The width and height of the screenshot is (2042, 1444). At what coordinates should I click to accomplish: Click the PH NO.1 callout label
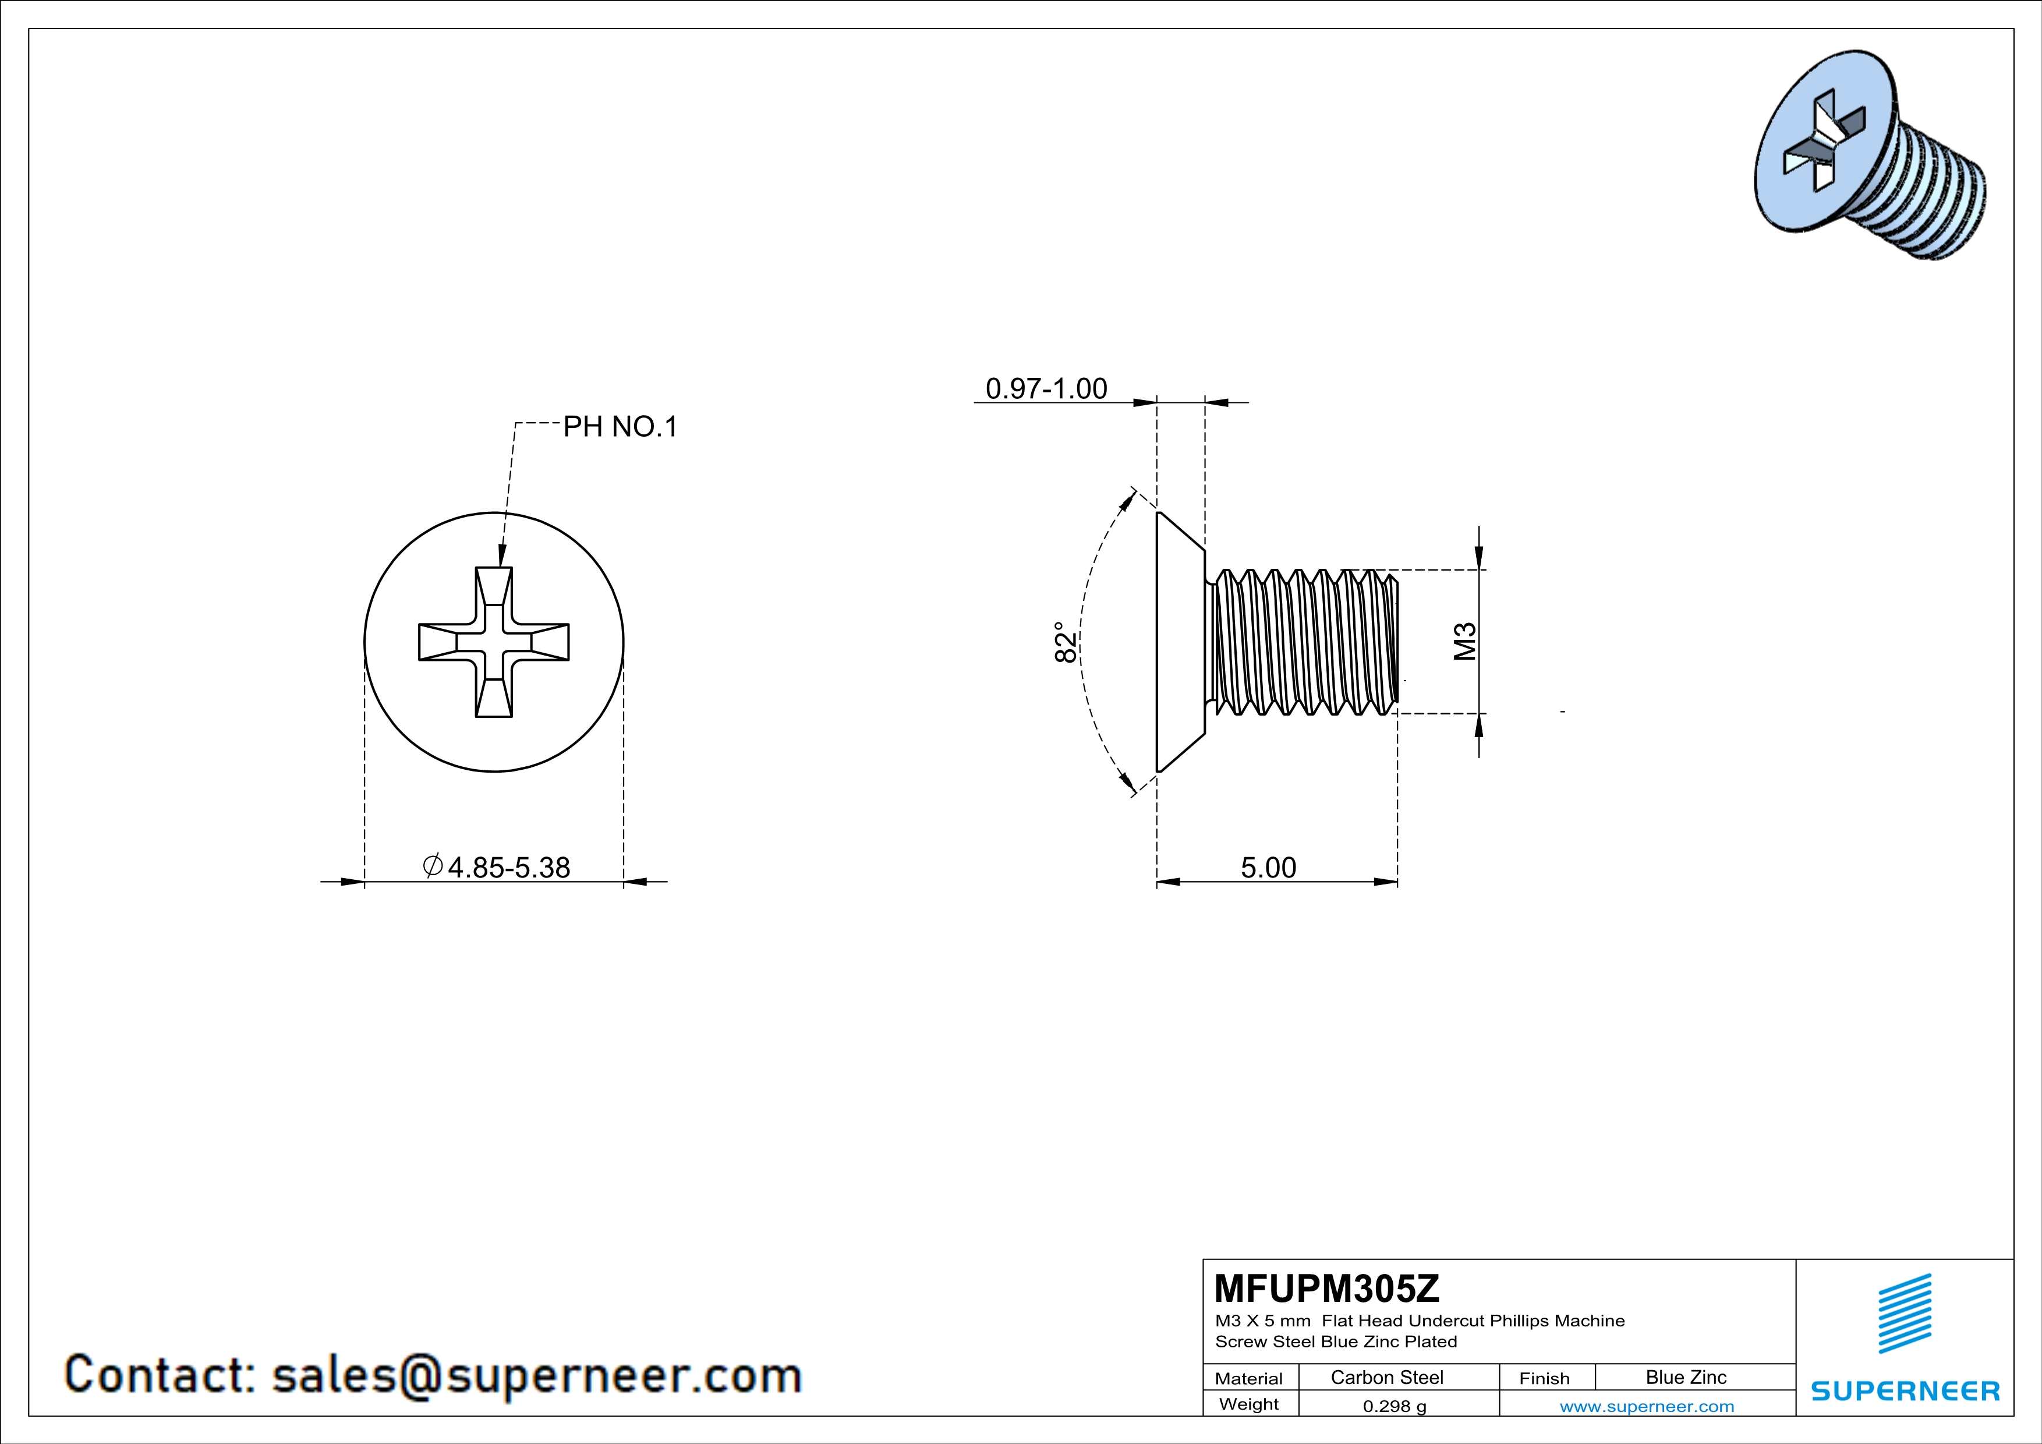620,428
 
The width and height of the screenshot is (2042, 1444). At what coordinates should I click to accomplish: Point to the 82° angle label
1066,642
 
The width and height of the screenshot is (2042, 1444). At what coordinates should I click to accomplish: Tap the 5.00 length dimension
1268,867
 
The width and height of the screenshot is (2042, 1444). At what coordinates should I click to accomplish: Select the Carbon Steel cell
1386,1377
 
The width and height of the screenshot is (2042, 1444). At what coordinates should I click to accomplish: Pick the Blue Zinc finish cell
1685,1377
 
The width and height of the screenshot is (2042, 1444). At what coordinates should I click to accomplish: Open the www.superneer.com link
1646,1406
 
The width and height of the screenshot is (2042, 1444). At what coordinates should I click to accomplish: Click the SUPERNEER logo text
1905,1390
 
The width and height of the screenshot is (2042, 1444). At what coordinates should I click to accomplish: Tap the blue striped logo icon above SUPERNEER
1905,1312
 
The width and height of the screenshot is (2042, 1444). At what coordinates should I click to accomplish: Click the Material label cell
1249,1378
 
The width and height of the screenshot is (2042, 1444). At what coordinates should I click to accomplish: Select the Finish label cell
1544,1378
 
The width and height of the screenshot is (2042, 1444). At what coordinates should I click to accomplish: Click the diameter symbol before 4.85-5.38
433,865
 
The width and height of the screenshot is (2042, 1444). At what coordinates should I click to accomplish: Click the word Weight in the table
1249,1404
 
